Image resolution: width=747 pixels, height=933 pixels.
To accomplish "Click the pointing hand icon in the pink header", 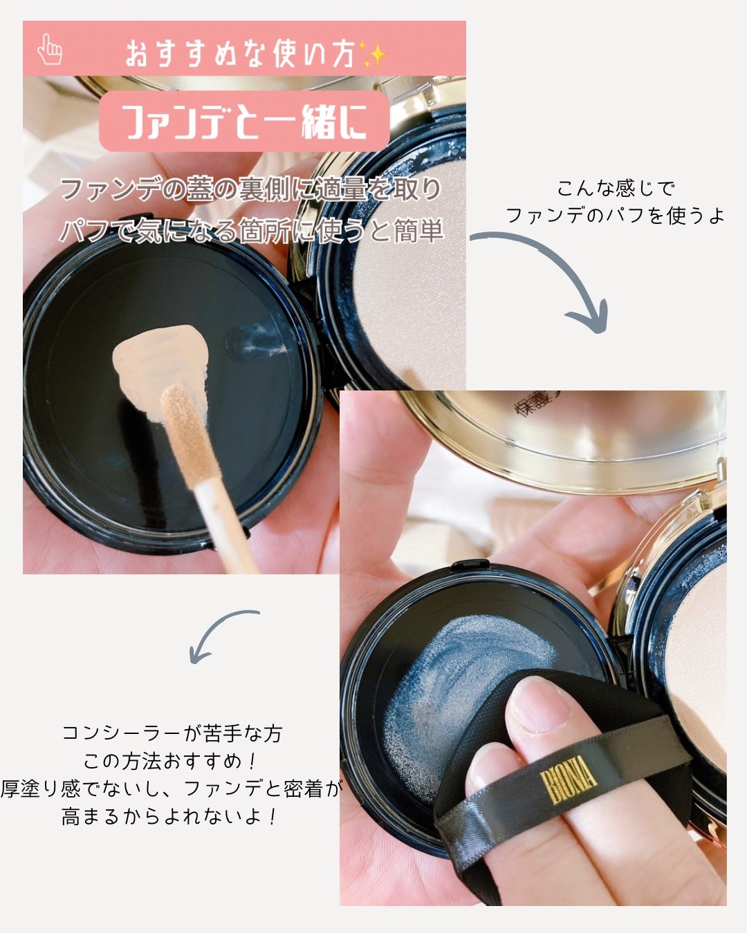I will pyautogui.click(x=50, y=49).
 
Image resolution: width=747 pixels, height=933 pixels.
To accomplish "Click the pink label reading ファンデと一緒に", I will pyautogui.click(x=244, y=122).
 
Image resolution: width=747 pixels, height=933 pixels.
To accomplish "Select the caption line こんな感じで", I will pyautogui.click(x=616, y=188).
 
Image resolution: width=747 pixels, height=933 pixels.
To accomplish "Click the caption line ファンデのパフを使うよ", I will pyautogui.click(x=616, y=216).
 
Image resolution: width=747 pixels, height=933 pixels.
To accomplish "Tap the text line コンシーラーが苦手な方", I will pyautogui.click(x=172, y=733).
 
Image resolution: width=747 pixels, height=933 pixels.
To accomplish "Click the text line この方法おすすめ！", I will pyautogui.click(x=172, y=761).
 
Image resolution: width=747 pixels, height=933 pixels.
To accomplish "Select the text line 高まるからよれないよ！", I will pyautogui.click(x=170, y=817).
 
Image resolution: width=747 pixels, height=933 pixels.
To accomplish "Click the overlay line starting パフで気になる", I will pyautogui.click(x=250, y=231).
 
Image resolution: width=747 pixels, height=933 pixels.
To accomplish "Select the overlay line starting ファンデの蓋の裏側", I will pyautogui.click(x=250, y=189).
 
